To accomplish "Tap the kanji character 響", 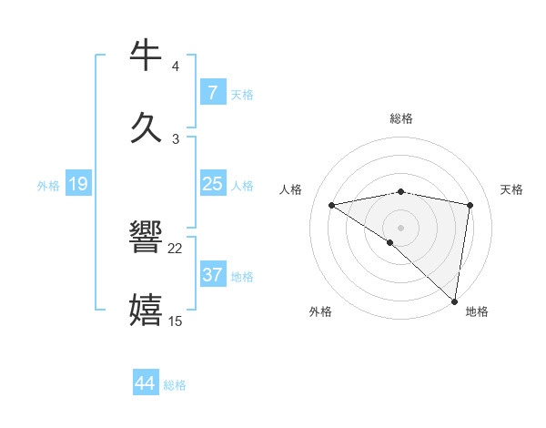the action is pyautogui.click(x=147, y=239).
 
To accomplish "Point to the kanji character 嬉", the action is pyautogui.click(x=147, y=310).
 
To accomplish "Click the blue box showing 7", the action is pyautogui.click(x=212, y=93).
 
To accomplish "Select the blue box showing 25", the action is pyautogui.click(x=212, y=184).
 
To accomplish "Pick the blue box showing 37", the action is pyautogui.click(x=212, y=275).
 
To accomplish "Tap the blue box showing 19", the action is pyautogui.click(x=77, y=184).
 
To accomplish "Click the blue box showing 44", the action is pyautogui.click(x=145, y=383).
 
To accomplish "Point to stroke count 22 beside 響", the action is pyautogui.click(x=176, y=249).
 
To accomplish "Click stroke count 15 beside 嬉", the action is pyautogui.click(x=176, y=321).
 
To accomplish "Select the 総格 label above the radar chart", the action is pyautogui.click(x=401, y=118).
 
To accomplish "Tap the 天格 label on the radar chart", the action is pyautogui.click(x=512, y=189).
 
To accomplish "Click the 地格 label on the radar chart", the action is pyautogui.click(x=477, y=311).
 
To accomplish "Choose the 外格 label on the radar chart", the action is pyautogui.click(x=320, y=311).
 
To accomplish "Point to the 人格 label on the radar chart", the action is pyautogui.click(x=291, y=189).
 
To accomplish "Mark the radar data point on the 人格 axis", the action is pyautogui.click(x=332, y=205).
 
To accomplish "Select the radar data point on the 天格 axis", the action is pyautogui.click(x=470, y=205).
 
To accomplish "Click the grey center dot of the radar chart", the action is pyautogui.click(x=401, y=227).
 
